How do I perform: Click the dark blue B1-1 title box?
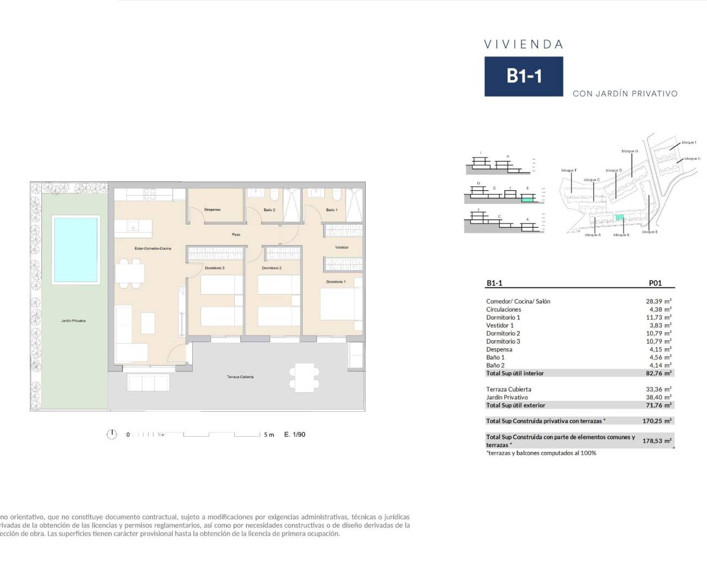pos(524,76)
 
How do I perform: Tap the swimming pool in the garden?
pos(76,250)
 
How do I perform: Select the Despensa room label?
pos(213,210)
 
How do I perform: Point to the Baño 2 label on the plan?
pos(270,210)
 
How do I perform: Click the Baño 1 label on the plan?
pos(331,210)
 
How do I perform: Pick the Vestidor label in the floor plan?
pos(342,248)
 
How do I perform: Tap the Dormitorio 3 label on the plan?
pos(214,268)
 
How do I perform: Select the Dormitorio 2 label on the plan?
pos(272,268)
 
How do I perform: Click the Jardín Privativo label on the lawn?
pos(73,321)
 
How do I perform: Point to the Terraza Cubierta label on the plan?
pos(240,377)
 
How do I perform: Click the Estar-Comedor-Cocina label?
pos(153,249)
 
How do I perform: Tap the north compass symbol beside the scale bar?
pos(112,434)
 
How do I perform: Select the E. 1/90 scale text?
pos(294,434)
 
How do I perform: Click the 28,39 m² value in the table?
pos(660,301)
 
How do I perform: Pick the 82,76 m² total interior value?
pos(660,373)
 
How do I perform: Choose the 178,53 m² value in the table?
pos(660,441)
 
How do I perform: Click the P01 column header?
pos(655,283)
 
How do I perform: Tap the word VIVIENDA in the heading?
pos(524,44)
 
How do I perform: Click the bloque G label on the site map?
pos(630,151)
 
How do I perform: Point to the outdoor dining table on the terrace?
pos(302,376)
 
